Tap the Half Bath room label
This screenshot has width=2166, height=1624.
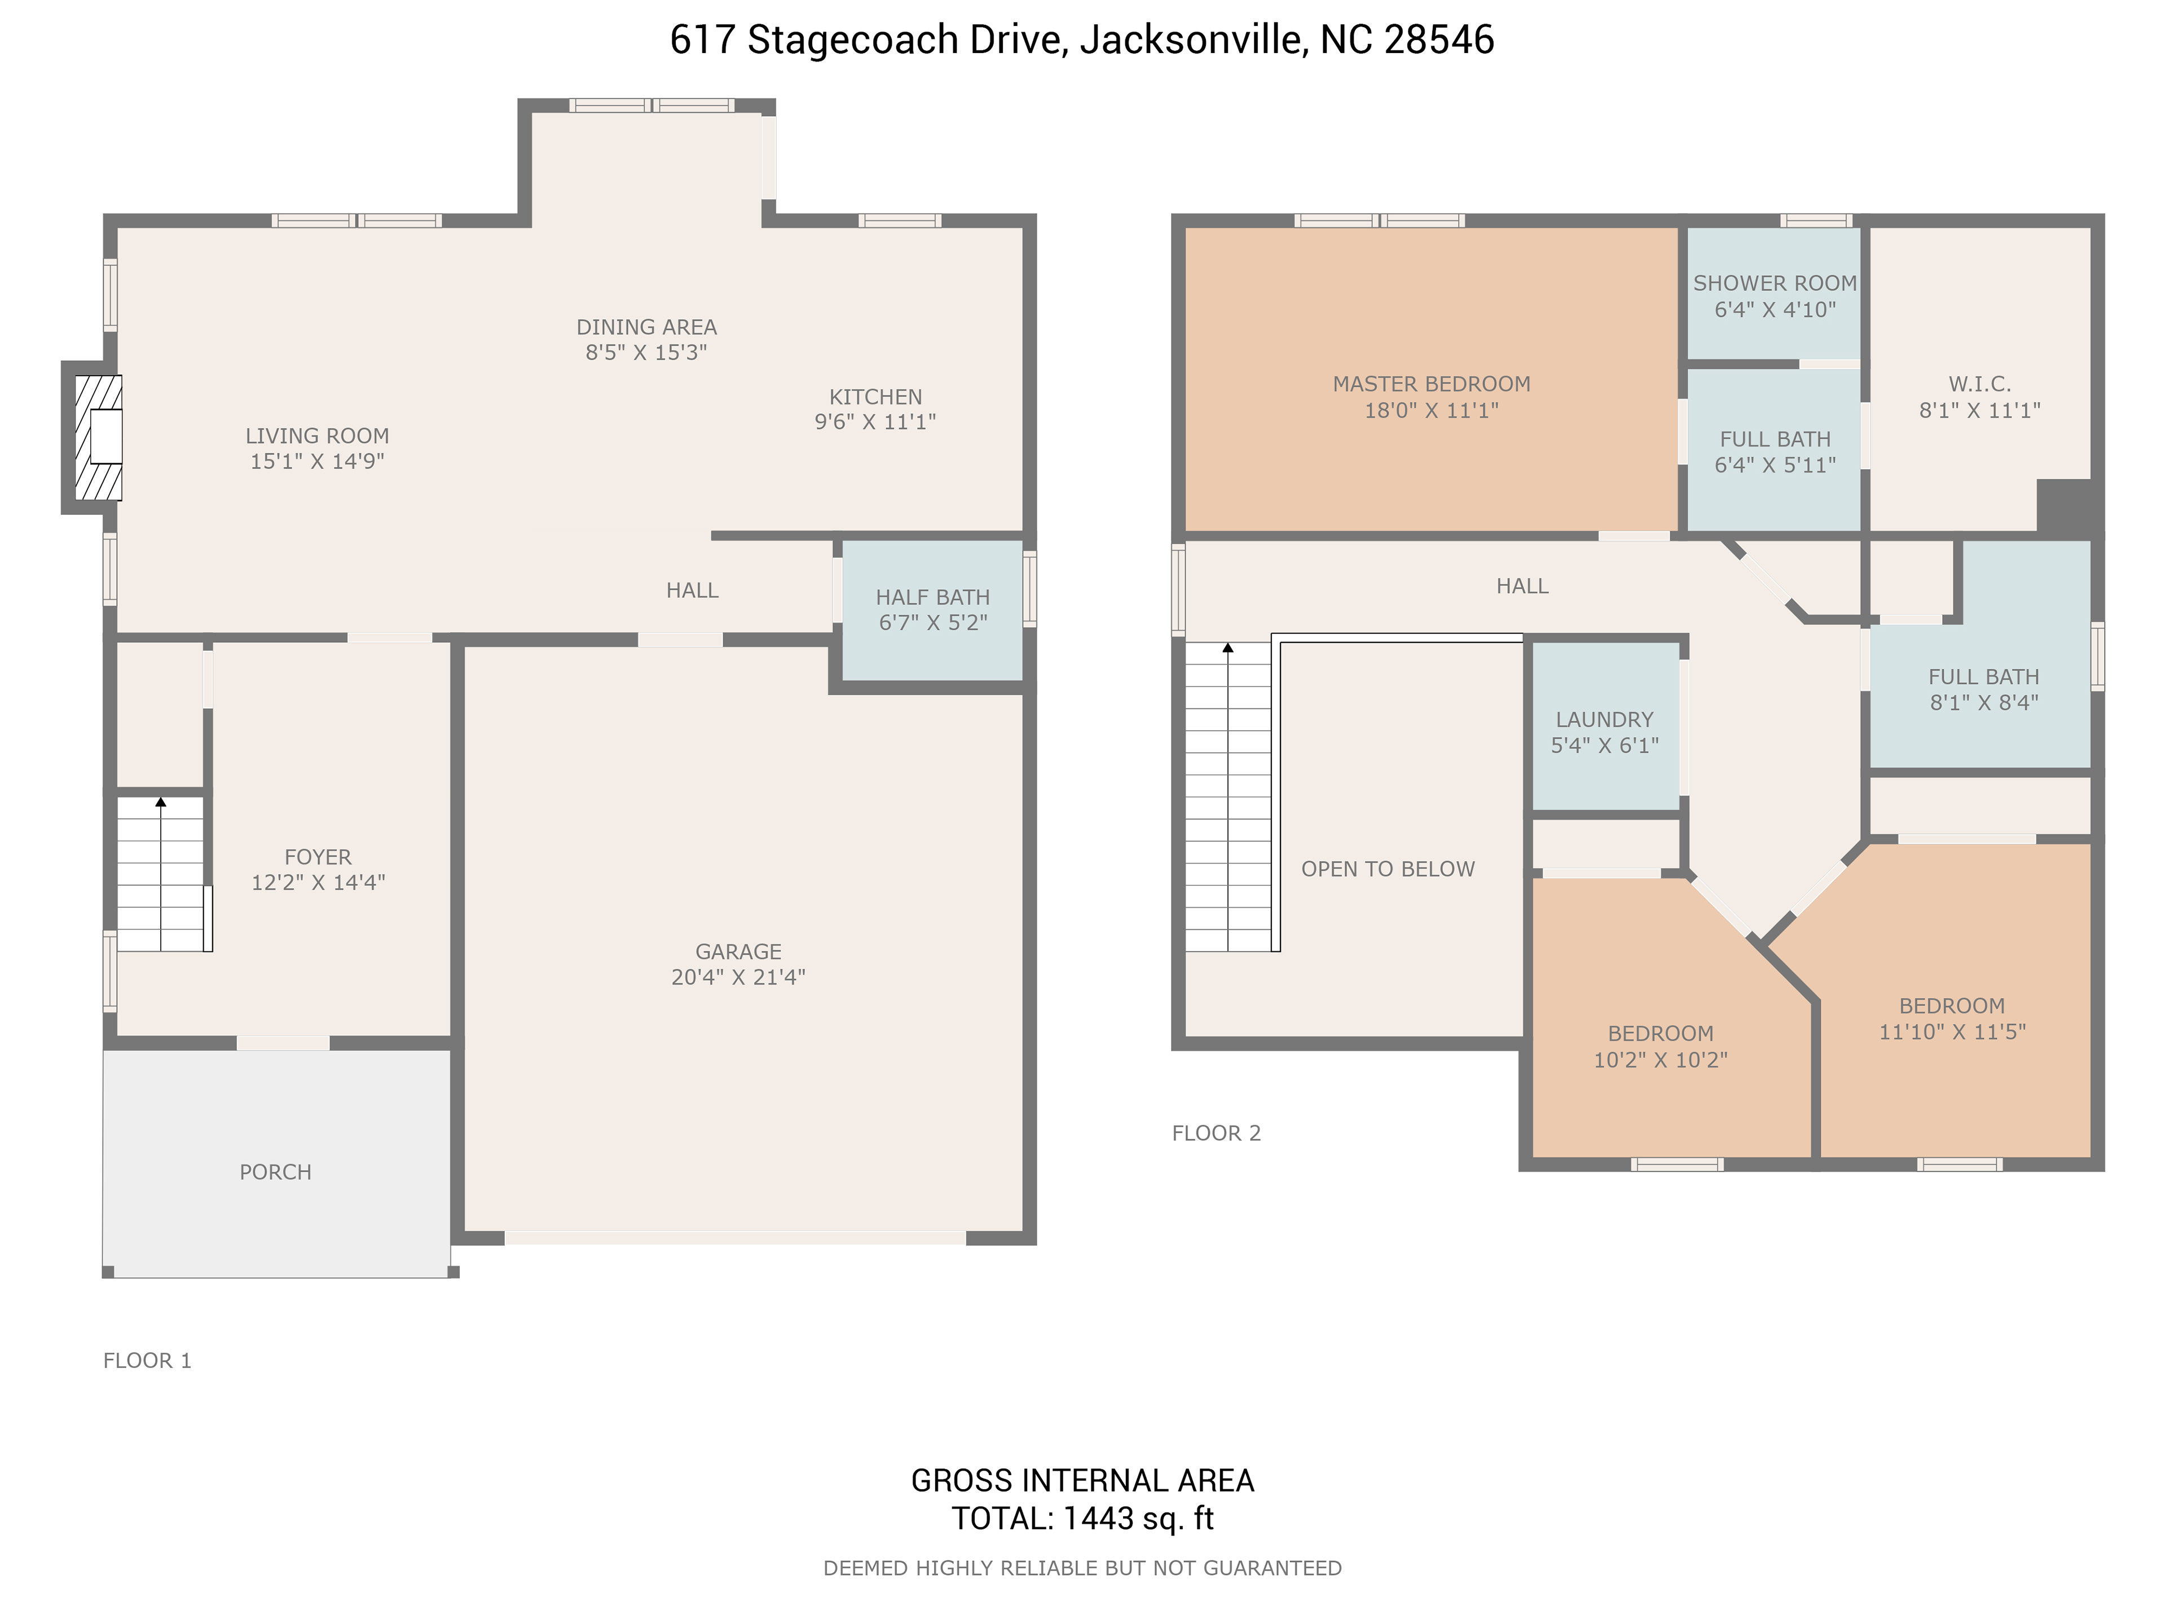(932, 597)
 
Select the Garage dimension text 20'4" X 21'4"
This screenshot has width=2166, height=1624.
(738, 977)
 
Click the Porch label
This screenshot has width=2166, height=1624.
(275, 1172)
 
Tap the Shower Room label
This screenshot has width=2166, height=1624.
(1775, 283)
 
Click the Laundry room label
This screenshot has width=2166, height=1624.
(1605, 720)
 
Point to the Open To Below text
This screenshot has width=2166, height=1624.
(1388, 870)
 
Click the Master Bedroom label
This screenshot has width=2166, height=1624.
(1432, 384)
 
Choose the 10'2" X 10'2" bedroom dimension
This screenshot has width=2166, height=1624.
(1661, 1059)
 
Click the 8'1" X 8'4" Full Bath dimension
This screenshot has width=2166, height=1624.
(1984, 702)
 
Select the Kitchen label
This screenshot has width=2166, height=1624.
(875, 396)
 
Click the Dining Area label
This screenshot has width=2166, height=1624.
(646, 327)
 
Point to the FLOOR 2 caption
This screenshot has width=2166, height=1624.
(1216, 1133)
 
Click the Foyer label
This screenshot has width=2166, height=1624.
(318, 857)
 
